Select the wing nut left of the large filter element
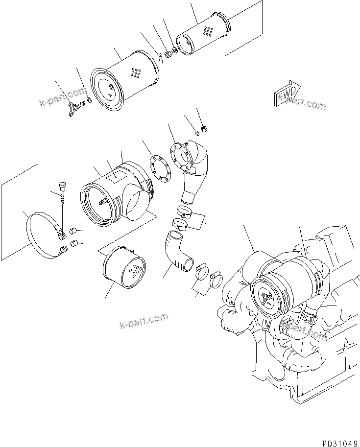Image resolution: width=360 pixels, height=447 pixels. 74,108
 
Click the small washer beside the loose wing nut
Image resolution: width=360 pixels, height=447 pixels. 89,101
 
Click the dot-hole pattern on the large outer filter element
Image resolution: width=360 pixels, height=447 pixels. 135,73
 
